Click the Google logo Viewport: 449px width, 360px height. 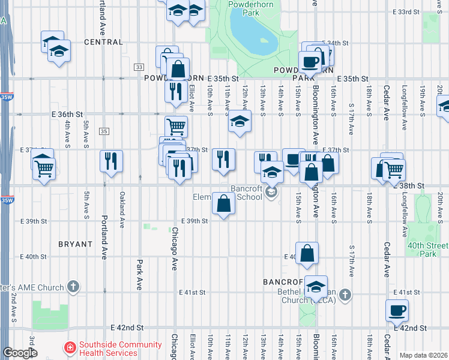point(19,353)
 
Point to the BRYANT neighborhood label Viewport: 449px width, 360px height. point(76,244)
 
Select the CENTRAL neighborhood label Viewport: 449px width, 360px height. point(103,43)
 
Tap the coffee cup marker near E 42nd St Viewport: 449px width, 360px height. point(397,311)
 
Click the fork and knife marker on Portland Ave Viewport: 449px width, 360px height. point(111,160)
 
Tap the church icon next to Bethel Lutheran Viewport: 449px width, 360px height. point(345,294)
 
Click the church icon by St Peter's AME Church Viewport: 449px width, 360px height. point(73,287)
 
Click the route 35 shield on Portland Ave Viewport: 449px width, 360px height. point(104,131)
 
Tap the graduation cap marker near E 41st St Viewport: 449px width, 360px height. point(315,287)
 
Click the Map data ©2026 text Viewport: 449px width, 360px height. point(423,355)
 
